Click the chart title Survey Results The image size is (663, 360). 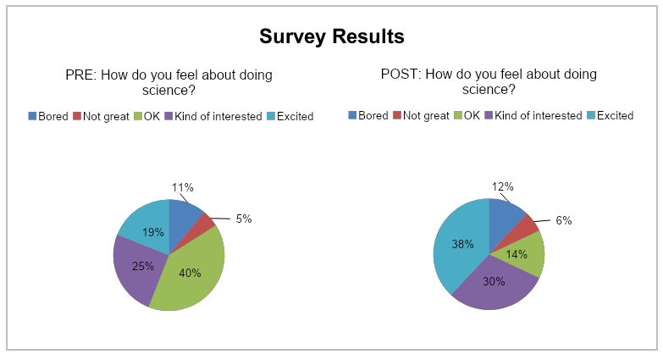tap(331, 36)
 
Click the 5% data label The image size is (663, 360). tap(244, 219)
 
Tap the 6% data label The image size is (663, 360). tap(564, 220)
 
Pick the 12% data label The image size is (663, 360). tap(502, 186)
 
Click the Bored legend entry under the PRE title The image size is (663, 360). tap(48, 116)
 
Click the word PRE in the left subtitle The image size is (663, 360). tap(80, 75)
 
